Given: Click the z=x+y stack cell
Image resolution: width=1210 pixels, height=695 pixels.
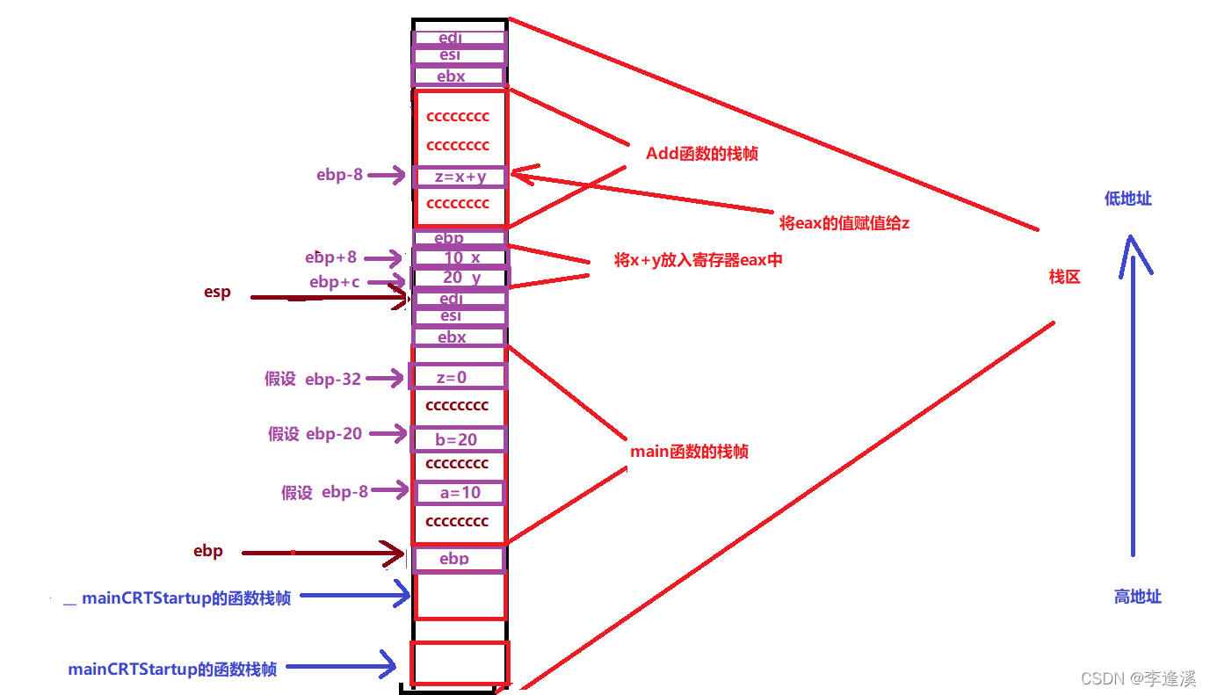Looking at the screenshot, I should point(460,177).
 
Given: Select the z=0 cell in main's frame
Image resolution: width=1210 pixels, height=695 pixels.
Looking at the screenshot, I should point(458,377).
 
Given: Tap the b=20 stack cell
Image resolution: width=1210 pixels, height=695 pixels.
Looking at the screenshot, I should point(458,439).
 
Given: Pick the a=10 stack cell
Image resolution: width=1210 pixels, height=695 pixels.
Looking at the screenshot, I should point(460,493).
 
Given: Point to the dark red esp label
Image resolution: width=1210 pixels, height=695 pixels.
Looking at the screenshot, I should point(217,293).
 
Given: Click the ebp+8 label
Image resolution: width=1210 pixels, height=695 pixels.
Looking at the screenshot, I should point(331,257).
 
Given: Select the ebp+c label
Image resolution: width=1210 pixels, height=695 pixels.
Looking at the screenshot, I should point(334,282).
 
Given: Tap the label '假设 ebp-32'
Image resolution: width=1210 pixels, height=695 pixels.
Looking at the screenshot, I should point(313,379).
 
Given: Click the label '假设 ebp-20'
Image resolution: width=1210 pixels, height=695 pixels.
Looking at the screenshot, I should point(315,434).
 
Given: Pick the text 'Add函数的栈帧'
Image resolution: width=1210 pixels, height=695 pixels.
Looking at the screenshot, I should point(702,154).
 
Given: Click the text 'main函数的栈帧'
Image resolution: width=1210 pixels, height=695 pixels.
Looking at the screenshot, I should point(689,452).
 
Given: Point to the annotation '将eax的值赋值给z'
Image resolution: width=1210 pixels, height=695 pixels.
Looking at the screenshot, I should point(844,223).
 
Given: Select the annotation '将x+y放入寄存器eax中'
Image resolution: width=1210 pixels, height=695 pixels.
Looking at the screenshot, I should point(698,260).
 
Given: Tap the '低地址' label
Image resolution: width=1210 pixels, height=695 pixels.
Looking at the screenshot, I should point(1128,199).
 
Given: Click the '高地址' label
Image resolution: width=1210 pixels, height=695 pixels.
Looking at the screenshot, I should point(1138,597).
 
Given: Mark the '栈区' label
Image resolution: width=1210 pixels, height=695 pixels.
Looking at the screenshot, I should point(1064,277).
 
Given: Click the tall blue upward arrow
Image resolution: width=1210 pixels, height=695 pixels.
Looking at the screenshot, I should point(1132,395).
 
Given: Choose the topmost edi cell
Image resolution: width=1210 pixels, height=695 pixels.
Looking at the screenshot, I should point(460,38).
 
